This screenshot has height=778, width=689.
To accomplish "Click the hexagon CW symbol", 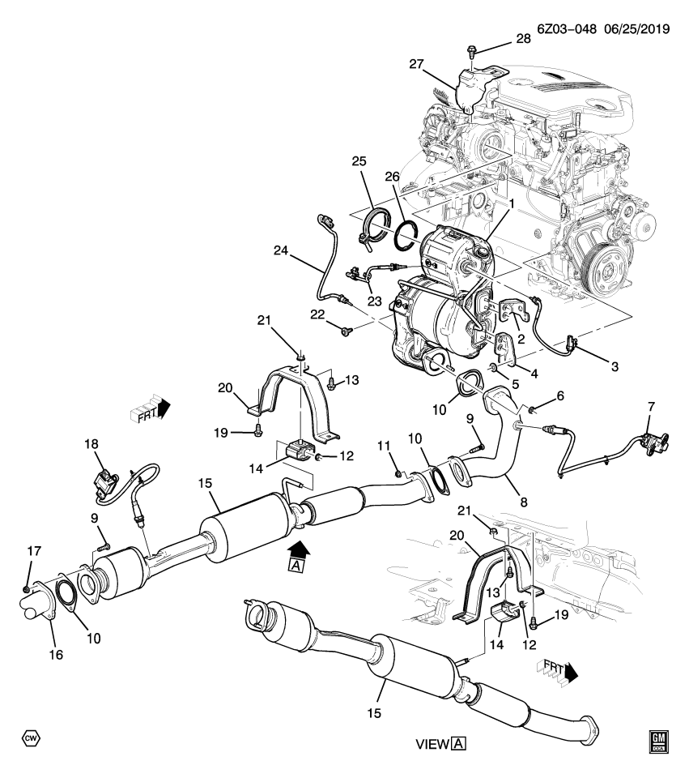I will pos(31,738).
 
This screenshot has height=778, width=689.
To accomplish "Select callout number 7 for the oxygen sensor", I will pos(649,404).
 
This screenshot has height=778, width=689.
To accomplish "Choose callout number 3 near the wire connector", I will pos(615,367).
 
